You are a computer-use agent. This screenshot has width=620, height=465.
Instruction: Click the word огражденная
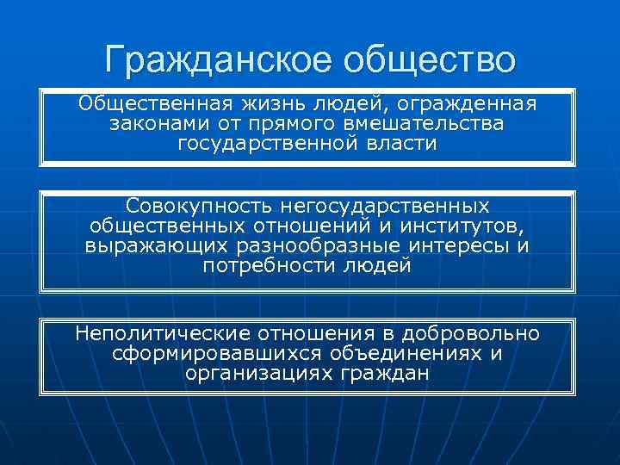[474, 104]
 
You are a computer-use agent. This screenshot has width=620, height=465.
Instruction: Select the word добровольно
[472, 333]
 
